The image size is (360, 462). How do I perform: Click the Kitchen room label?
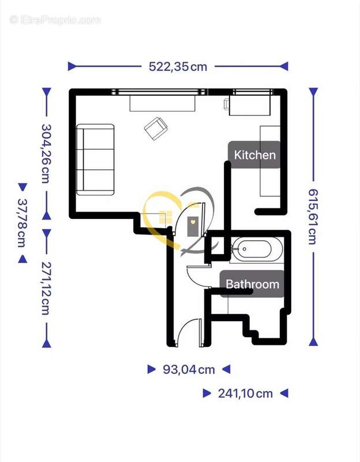tap(255, 155)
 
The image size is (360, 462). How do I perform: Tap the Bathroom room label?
tap(253, 284)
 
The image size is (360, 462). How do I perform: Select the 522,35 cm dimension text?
tap(178, 66)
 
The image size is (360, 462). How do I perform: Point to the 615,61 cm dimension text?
tap(313, 217)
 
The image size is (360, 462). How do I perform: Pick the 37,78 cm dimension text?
tap(22, 223)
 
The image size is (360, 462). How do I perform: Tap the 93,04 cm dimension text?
tap(189, 370)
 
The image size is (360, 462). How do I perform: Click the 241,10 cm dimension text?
tap(246, 393)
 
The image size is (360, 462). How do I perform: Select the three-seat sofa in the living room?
tap(95, 160)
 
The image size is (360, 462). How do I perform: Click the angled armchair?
tap(156, 129)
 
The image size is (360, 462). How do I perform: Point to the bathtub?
tap(256, 249)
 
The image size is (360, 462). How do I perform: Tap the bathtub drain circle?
tap(245, 249)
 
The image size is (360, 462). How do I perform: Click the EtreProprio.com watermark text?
tap(55, 20)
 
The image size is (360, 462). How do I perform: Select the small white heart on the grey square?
tap(193, 222)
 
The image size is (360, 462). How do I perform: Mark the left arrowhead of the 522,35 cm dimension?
tap(72, 66)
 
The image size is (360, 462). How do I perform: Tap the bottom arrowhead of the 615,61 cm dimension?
tap(313, 342)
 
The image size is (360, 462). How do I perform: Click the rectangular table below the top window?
tap(163, 103)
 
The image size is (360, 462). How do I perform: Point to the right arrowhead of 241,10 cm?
tap(284, 393)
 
